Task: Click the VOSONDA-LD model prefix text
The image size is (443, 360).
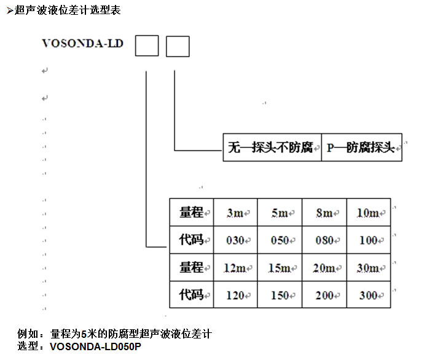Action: coord(82,44)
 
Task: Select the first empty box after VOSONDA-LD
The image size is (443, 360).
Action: coord(146,46)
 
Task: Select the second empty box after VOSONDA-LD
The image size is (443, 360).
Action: coord(178,46)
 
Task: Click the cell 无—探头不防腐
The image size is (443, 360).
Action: coord(272,147)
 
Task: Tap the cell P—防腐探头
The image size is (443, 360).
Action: coord(361,147)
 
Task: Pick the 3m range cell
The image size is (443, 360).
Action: coord(235,213)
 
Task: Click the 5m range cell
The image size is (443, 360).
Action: coord(280,213)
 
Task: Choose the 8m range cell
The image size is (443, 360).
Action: coord(324,213)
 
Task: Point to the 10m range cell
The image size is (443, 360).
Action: coord(368,213)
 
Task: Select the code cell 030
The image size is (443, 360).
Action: coord(235,240)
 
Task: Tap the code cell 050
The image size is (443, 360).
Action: coord(280,240)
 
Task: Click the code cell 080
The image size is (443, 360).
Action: coord(324,240)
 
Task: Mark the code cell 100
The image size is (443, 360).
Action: coord(368,240)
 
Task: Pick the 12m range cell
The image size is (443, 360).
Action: coord(235,268)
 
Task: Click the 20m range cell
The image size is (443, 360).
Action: coord(324,268)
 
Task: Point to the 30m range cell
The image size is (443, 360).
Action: coord(368,268)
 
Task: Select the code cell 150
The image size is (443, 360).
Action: coord(280,295)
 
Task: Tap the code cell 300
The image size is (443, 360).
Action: coord(368,295)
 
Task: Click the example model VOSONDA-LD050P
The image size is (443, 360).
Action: coord(96,346)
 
